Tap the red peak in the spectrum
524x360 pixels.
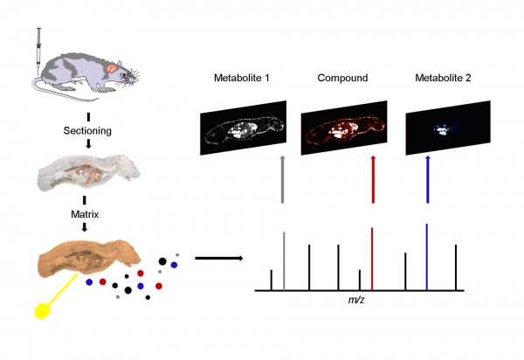click(x=373, y=259)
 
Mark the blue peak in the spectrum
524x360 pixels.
click(x=427, y=257)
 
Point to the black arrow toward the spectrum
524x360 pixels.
click(x=218, y=259)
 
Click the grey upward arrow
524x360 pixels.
click(x=283, y=179)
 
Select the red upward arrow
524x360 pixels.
click(x=373, y=179)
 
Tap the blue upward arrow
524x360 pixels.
click(x=428, y=179)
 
